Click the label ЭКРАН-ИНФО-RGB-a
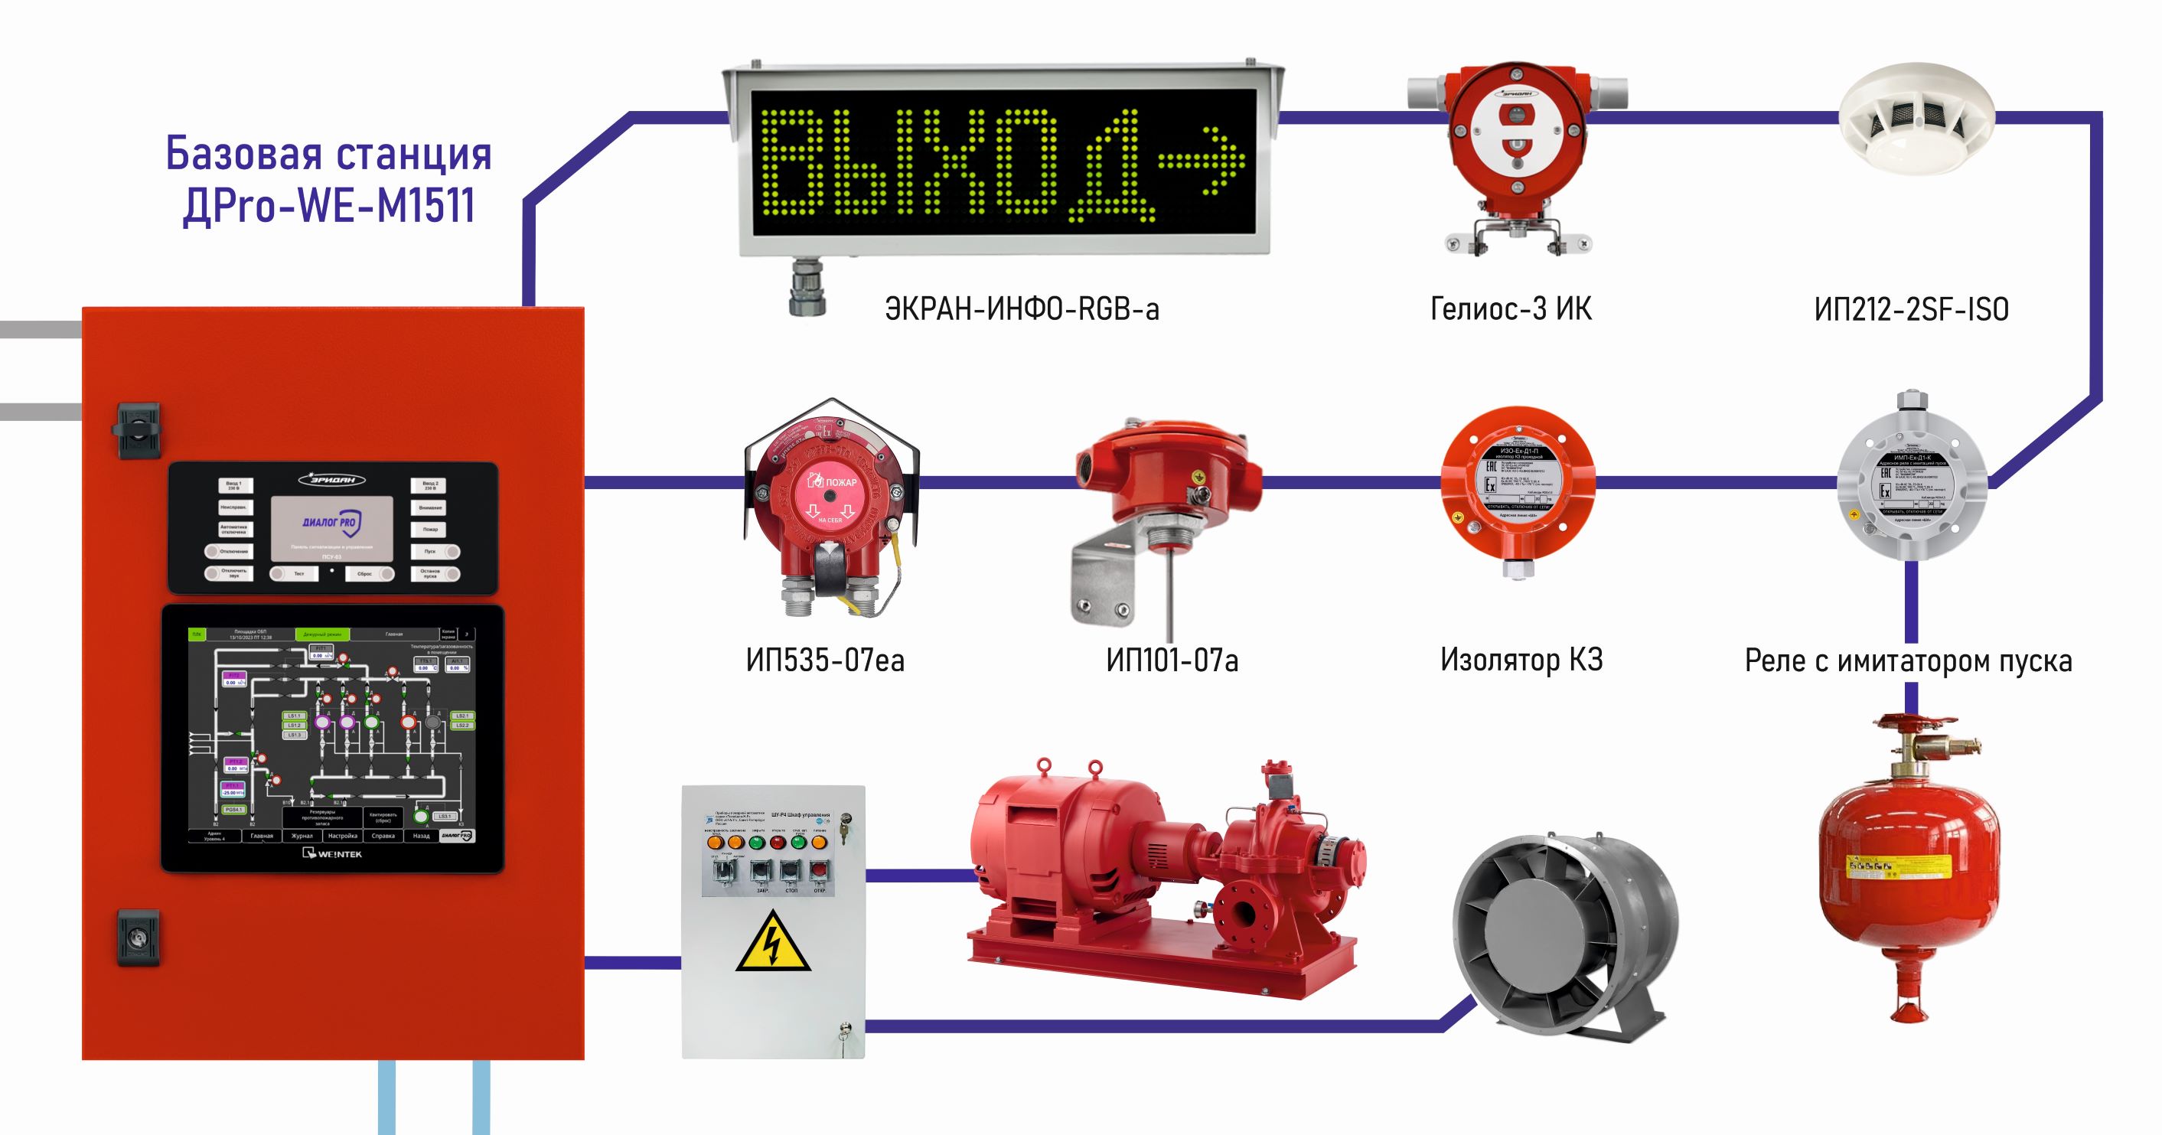click(1022, 310)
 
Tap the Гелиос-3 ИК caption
click(1510, 310)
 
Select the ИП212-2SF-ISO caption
click(1911, 310)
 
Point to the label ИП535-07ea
click(825, 660)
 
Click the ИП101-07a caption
click(1172, 660)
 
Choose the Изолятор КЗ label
click(1521, 660)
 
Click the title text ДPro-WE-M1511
click(329, 206)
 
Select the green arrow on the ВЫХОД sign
click(1202, 158)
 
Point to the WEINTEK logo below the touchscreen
click(332, 854)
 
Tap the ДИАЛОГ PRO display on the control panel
click(331, 528)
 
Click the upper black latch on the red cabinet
click(136, 431)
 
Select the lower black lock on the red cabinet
click(138, 936)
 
